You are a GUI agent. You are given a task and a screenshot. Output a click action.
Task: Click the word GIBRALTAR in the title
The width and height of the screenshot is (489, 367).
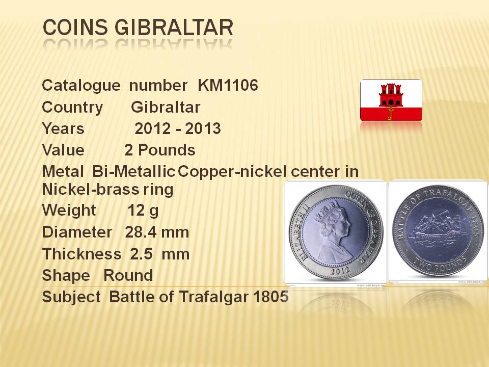174,27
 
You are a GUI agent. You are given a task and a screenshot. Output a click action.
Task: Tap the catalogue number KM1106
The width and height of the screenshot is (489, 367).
228,85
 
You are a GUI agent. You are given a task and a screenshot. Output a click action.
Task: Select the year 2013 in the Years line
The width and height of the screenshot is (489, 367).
203,128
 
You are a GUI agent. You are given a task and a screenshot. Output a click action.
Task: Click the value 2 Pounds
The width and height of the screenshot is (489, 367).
159,150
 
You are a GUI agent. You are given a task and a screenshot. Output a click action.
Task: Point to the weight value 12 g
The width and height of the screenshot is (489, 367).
143,211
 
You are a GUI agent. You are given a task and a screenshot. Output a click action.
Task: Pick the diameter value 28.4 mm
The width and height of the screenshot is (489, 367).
157,232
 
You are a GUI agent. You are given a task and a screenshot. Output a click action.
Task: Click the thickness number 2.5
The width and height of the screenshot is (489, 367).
141,254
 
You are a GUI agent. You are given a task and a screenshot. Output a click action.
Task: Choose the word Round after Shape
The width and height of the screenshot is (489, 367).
128,275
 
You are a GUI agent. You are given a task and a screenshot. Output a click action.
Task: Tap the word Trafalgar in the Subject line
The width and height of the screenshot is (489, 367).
214,297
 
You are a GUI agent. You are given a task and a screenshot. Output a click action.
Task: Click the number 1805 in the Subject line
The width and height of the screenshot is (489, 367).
270,297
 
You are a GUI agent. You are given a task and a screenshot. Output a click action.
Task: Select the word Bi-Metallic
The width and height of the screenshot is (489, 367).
133,171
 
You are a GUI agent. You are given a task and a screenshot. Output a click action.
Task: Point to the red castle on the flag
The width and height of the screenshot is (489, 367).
391,95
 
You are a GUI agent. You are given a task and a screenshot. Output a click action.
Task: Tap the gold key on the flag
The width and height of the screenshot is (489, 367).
390,113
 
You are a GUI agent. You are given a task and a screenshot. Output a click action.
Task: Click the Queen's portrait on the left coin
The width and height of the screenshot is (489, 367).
334,231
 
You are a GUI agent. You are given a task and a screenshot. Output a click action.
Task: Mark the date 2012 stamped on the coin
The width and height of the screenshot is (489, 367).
340,271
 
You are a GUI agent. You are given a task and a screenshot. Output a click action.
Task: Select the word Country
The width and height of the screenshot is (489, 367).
72,108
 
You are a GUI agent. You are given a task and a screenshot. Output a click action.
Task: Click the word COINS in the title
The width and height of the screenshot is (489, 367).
75,27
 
